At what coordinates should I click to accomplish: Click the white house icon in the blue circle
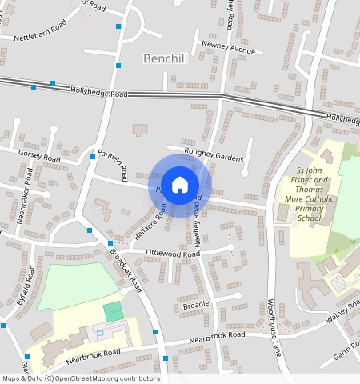(180, 185)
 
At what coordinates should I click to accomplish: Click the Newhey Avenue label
(229, 49)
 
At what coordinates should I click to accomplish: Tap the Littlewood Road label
(173, 253)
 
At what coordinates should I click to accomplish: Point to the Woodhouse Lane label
(274, 326)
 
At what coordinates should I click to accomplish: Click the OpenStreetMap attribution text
(81, 378)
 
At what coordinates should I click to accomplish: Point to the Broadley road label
(196, 305)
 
